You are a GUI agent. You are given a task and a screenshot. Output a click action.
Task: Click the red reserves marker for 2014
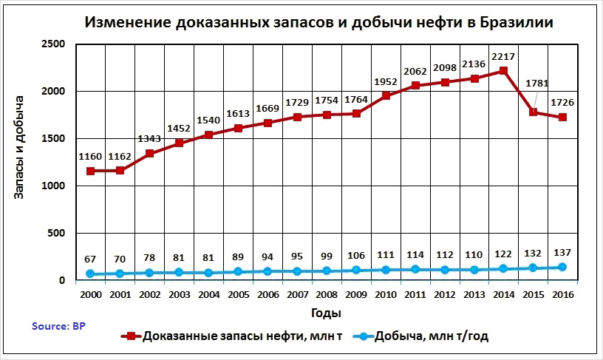(x=503, y=71)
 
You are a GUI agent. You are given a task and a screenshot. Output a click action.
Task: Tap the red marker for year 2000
(x=90, y=171)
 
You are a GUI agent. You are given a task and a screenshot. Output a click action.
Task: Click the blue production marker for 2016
(x=562, y=267)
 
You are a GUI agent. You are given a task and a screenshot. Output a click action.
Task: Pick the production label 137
(x=562, y=253)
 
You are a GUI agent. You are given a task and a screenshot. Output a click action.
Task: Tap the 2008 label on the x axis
(x=326, y=293)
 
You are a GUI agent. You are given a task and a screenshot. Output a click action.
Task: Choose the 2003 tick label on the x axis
(x=179, y=293)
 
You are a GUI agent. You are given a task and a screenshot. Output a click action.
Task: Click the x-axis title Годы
(x=326, y=313)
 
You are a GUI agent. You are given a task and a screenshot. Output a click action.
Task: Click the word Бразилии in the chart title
(x=510, y=22)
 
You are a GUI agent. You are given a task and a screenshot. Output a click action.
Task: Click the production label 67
(x=90, y=259)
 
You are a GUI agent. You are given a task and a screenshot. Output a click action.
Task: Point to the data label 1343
(x=149, y=139)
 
